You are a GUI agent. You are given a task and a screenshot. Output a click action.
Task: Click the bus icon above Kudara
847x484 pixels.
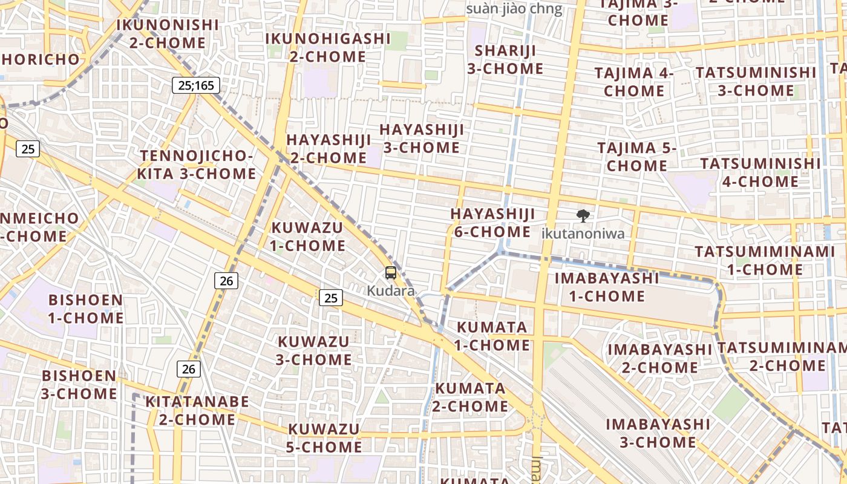(x=391, y=273)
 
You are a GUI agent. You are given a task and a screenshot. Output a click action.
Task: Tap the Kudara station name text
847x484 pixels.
(x=391, y=291)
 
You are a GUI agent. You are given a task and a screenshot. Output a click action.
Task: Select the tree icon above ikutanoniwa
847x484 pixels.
(x=583, y=215)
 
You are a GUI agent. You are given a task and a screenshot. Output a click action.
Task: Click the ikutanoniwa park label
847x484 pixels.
(x=583, y=233)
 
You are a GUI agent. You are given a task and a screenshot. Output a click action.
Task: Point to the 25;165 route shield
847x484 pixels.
(x=195, y=85)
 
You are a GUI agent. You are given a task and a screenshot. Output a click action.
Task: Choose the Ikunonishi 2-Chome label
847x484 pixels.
(x=168, y=34)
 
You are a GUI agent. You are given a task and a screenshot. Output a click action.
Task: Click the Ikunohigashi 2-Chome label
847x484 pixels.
(x=328, y=47)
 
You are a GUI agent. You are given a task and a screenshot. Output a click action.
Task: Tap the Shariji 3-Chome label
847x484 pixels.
(x=505, y=59)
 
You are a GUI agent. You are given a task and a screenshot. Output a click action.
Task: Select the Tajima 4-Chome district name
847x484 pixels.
(x=634, y=82)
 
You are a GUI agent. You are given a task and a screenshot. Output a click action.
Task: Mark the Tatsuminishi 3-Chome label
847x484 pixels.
(x=756, y=81)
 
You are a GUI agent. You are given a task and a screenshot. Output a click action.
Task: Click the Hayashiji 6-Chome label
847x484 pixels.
(x=492, y=223)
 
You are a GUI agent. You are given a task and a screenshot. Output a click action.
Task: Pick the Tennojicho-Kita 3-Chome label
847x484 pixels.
(x=196, y=165)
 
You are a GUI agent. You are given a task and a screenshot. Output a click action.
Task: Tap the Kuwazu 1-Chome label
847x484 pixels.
(x=308, y=237)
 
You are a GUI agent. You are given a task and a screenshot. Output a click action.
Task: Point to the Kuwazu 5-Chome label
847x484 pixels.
(x=324, y=438)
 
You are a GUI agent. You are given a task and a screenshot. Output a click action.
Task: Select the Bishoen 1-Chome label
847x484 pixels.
(x=85, y=309)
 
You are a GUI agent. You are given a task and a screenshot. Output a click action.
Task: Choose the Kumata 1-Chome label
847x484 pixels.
(x=492, y=336)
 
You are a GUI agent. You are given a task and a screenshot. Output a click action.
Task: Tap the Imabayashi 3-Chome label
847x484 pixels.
(x=658, y=433)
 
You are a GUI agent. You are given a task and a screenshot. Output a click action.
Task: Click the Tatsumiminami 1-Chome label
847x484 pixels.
(x=756, y=260)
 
